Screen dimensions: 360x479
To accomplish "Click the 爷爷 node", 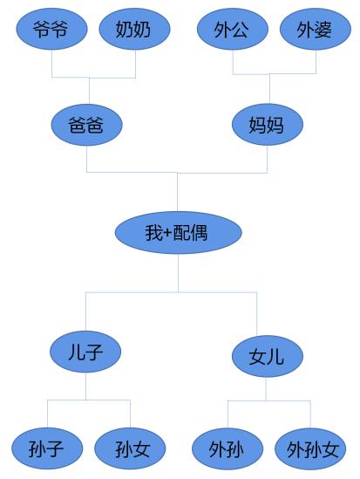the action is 51,29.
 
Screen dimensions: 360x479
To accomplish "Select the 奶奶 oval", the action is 134,29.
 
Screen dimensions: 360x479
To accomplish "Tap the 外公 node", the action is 233,29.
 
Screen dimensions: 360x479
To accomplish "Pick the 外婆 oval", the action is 316,29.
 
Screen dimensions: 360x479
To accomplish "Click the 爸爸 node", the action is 86,125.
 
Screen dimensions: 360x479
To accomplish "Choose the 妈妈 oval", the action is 268,125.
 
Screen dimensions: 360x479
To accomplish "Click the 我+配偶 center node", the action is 179,232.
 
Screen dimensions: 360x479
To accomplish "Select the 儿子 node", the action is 85,352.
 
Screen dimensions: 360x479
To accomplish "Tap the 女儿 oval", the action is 268,356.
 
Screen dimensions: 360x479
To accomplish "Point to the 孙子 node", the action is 47,448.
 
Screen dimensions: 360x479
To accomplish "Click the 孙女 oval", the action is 130,448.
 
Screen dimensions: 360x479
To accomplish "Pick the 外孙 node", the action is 228,448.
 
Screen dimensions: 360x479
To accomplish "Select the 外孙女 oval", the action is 310,448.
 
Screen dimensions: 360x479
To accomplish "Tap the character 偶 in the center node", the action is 200,233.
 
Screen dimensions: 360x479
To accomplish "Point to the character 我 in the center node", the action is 154,233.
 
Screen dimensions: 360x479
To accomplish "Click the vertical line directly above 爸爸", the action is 89,91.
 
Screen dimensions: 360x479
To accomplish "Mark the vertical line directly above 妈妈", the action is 269,89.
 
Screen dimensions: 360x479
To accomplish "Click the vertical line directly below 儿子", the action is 85,386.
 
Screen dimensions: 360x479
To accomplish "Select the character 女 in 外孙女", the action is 330,449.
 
